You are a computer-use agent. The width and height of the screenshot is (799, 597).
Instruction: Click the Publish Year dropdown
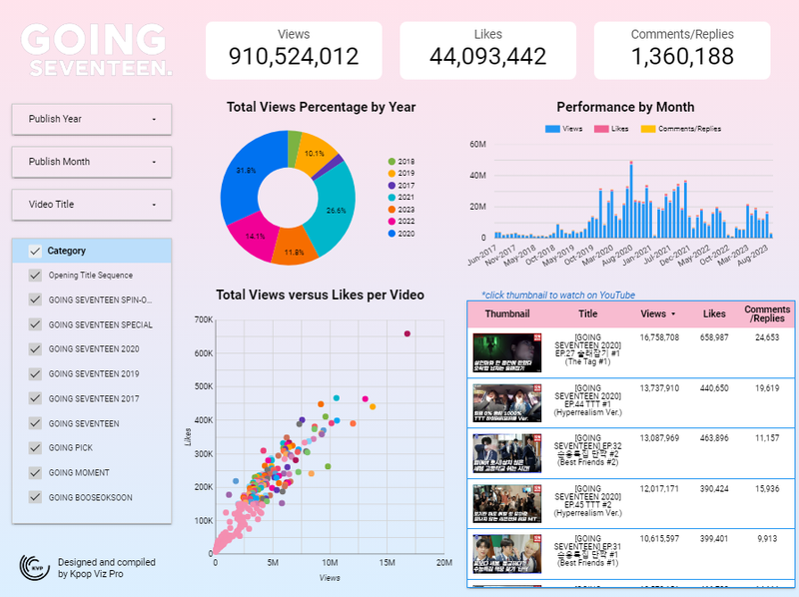92,119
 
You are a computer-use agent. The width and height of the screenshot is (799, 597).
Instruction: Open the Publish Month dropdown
92,162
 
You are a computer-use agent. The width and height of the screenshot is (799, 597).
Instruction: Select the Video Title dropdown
92,205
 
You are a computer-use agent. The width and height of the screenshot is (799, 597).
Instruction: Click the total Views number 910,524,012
294,57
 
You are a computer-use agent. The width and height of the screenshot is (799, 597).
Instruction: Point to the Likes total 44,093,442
487,57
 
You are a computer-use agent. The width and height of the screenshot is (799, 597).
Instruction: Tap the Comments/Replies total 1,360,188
682,57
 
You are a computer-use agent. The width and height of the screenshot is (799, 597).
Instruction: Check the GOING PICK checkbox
36,448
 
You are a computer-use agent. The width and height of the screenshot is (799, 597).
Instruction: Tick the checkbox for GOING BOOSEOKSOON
36,497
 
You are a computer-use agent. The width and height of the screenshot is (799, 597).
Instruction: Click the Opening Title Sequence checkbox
36,276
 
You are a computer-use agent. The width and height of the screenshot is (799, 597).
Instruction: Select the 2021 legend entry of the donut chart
404,197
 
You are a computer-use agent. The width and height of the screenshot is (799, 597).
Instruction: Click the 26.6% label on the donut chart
337,211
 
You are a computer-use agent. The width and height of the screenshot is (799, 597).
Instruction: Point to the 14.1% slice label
257,237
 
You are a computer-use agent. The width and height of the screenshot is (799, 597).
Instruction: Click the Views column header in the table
658,313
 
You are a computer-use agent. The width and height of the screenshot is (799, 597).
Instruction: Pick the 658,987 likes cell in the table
714,338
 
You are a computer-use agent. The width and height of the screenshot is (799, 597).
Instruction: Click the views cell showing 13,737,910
659,387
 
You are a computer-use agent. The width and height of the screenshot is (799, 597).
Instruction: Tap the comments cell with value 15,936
768,489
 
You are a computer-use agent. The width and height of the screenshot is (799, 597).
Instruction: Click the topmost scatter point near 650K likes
407,333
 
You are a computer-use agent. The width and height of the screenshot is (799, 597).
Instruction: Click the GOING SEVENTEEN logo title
96,50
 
